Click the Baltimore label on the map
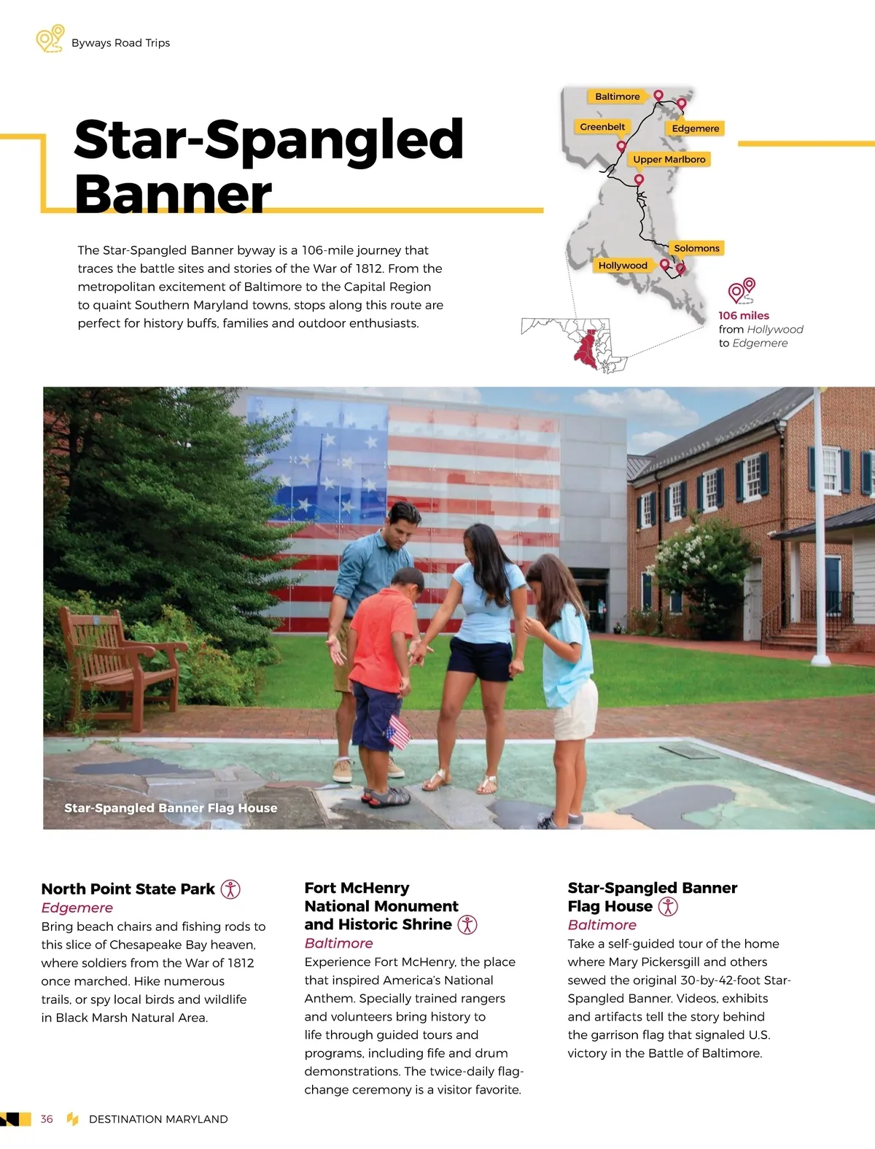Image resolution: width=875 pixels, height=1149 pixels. coord(617,96)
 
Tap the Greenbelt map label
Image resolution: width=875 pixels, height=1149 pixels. coord(602,127)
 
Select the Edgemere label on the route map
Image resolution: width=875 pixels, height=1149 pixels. coord(695,128)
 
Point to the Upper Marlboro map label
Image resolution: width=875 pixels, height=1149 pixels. coord(669,159)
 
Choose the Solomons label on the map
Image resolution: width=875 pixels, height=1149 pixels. coord(696,248)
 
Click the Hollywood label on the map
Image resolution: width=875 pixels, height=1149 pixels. coord(623,266)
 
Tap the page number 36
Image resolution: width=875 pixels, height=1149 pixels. coord(47,1119)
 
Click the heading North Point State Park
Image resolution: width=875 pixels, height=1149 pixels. coord(128,889)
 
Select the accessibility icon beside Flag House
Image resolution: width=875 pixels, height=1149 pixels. coord(668,906)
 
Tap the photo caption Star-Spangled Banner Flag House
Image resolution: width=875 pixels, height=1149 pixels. coord(171,808)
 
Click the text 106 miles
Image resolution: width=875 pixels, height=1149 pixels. coord(744,315)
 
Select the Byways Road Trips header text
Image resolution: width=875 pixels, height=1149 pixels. coord(120,43)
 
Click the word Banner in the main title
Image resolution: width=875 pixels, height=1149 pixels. coord(173,194)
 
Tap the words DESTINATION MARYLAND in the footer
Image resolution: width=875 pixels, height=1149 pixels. coord(158,1119)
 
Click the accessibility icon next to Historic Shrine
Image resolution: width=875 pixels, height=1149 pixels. coord(467,924)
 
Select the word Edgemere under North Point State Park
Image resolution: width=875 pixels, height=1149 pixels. coord(77,908)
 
